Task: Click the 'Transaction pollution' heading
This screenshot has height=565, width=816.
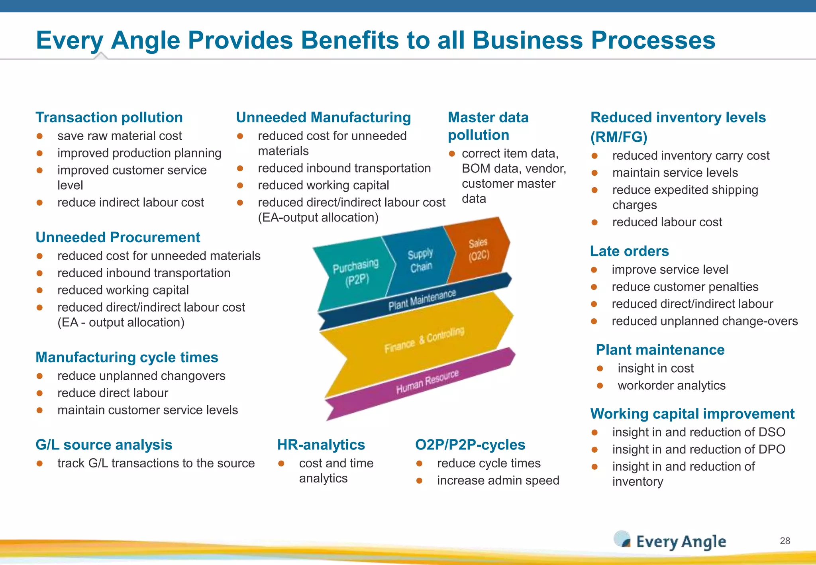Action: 109,118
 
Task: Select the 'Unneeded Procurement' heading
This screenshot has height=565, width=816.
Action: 118,237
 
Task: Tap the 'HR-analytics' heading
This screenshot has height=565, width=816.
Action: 321,445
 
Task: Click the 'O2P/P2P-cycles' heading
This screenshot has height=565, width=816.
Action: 470,445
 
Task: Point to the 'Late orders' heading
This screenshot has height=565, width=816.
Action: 629,251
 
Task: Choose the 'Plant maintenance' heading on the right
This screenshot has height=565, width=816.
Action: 660,350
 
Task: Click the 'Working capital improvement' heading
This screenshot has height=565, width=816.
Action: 692,414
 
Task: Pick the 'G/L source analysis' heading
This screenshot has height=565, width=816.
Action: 104,445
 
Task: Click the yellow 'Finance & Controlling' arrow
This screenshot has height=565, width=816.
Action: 422,341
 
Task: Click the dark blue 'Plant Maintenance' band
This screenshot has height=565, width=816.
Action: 422,300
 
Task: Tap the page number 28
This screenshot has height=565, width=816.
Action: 785,541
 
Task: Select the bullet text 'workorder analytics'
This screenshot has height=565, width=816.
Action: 671,386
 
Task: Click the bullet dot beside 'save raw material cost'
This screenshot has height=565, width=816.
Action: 39,136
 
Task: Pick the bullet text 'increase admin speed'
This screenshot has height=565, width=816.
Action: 498,481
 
